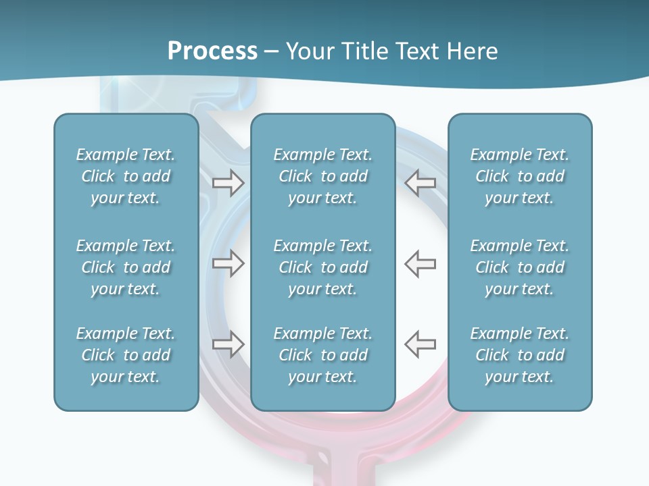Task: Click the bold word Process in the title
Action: pyautogui.click(x=212, y=51)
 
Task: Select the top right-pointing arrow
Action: pyautogui.click(x=228, y=183)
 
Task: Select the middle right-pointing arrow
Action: pyautogui.click(x=228, y=263)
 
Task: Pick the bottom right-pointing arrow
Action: pyautogui.click(x=228, y=344)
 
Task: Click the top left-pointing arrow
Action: pyautogui.click(x=420, y=183)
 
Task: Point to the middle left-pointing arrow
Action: pyautogui.click(x=420, y=263)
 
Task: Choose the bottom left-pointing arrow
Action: pyautogui.click(x=420, y=344)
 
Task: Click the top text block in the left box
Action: pyautogui.click(x=126, y=176)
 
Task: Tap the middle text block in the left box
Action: pyautogui.click(x=126, y=267)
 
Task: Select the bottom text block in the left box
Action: pyautogui.click(x=126, y=355)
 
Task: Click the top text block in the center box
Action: pyautogui.click(x=322, y=176)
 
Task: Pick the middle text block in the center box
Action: pyautogui.click(x=322, y=267)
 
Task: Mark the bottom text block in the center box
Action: pyautogui.click(x=322, y=355)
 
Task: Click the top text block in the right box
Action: pyautogui.click(x=519, y=176)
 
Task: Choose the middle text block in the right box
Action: pyautogui.click(x=519, y=267)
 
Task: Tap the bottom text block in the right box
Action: pyautogui.click(x=519, y=355)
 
